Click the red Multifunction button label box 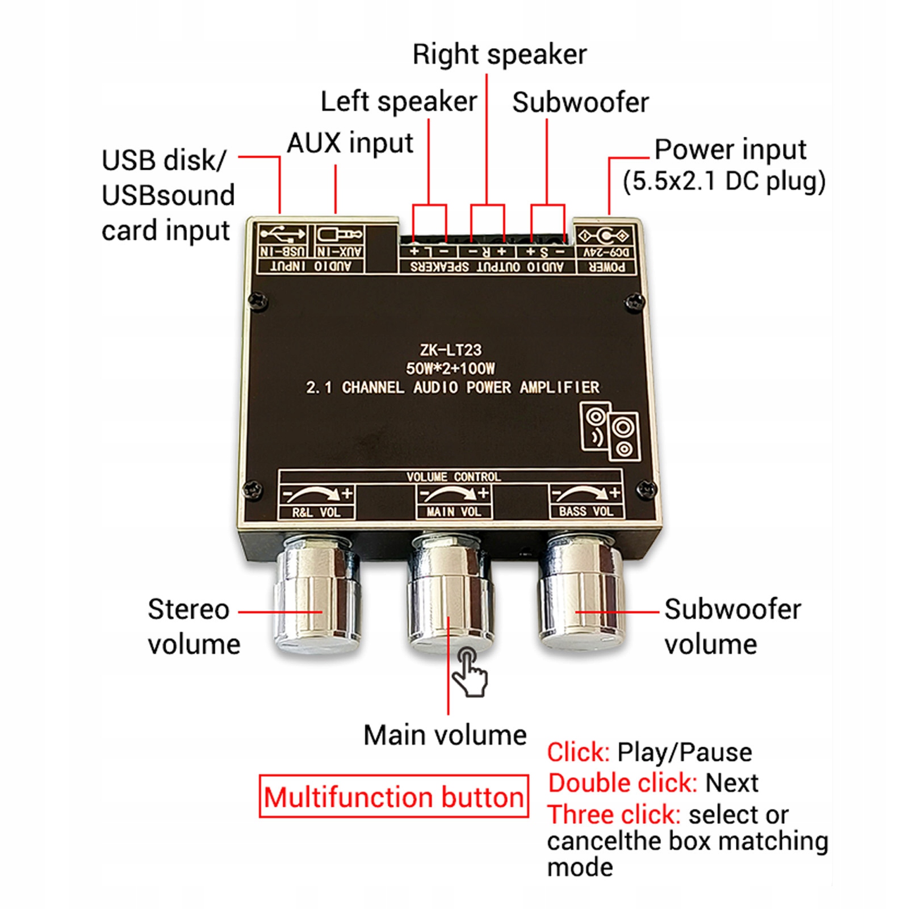[393, 796]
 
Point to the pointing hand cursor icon [469, 672]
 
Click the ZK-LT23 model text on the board [451, 350]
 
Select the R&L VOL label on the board [316, 512]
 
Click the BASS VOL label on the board [587, 511]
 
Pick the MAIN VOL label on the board [454, 512]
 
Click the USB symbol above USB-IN [283, 234]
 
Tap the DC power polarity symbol [604, 235]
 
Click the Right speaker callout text [500, 55]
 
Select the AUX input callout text [350, 143]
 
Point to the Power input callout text [730, 150]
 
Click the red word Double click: [622, 783]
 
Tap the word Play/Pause [685, 752]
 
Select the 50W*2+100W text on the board [450, 368]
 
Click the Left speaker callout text [399, 102]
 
